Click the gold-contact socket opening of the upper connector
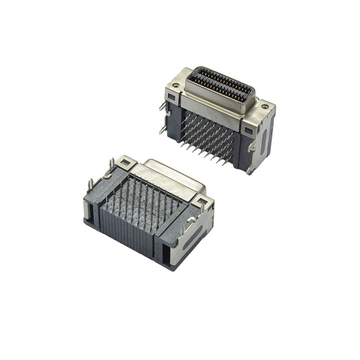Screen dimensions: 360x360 coord(220,84)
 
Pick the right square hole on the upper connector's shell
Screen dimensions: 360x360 coord(248,130)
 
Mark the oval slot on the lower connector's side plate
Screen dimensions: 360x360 coord(197,235)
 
